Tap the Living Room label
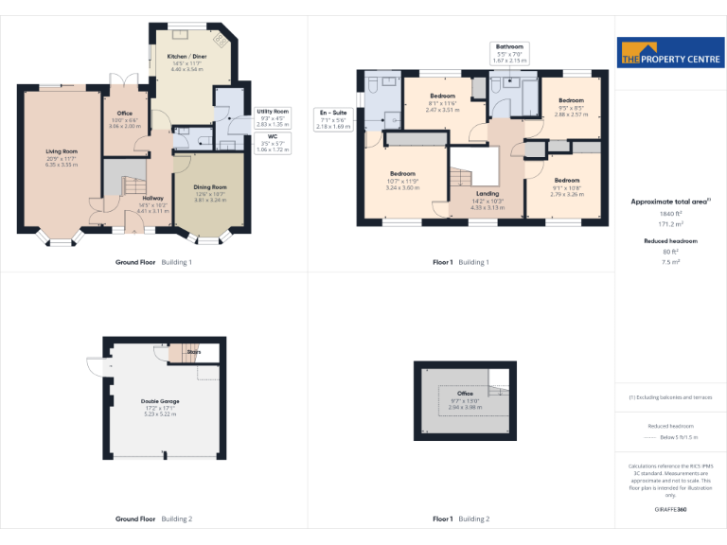point(62,151)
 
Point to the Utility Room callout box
point(273,117)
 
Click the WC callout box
point(273,143)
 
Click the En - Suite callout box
point(332,119)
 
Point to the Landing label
point(488,194)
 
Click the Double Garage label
point(162,401)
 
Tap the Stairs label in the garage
point(194,352)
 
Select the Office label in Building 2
point(465,394)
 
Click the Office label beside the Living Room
point(124,113)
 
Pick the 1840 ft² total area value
point(670,215)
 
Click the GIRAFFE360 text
point(670,509)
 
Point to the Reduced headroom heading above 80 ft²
point(670,241)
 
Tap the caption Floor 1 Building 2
point(461,519)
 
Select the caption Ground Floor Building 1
point(153,262)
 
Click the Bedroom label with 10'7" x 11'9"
point(402,174)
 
